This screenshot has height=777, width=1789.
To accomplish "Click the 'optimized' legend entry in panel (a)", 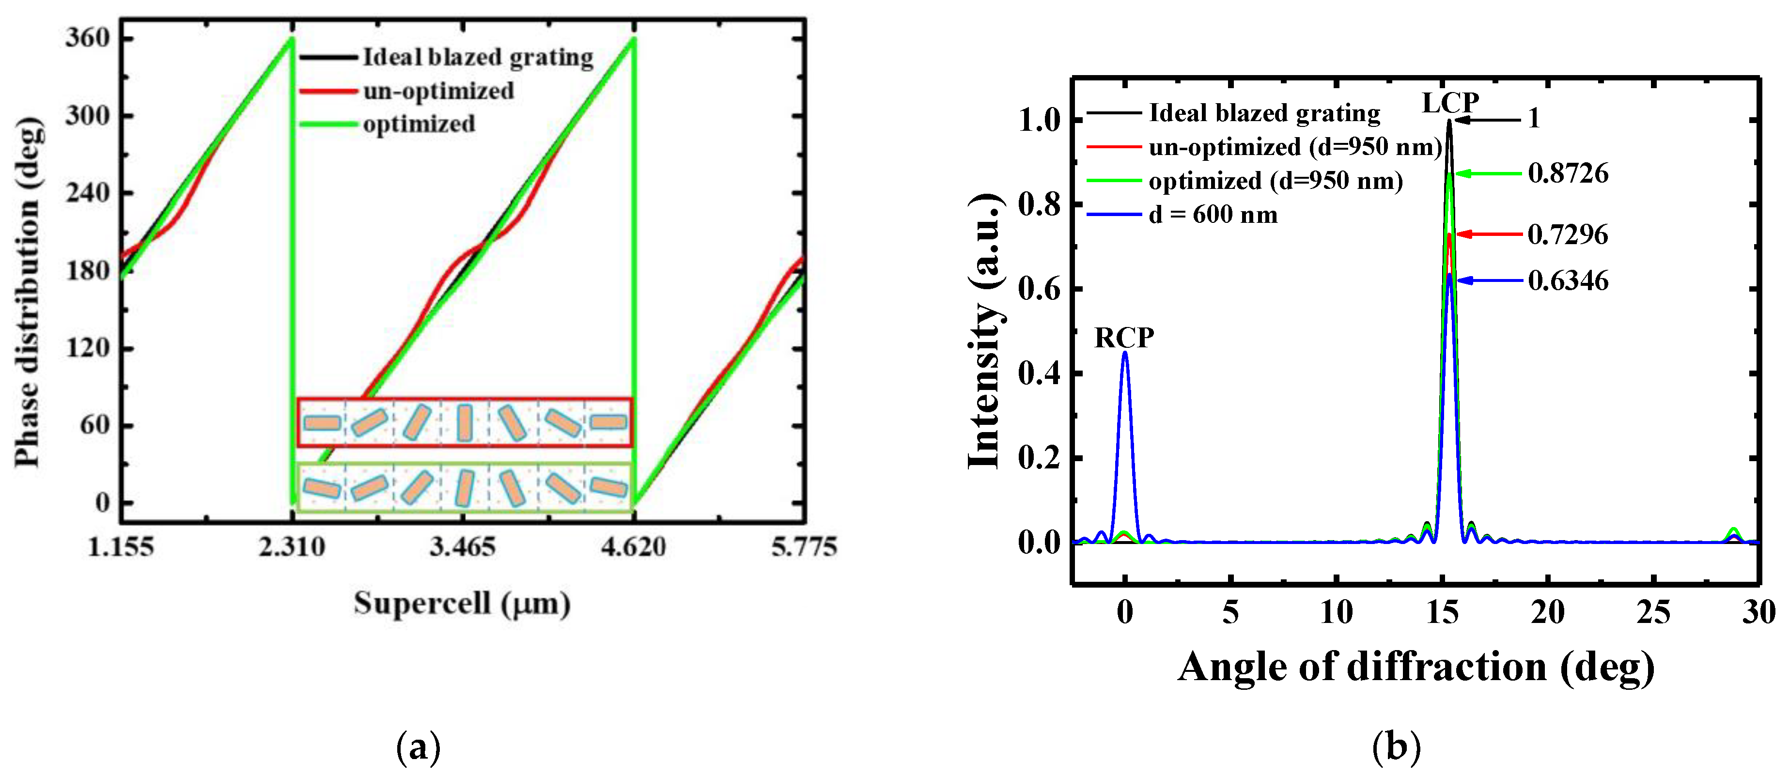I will (x=419, y=124).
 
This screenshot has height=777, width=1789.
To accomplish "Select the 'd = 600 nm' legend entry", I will (x=1213, y=215).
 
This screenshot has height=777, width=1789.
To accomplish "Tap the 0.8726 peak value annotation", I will (x=1568, y=173).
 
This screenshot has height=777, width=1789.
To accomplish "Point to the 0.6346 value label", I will (x=1568, y=280).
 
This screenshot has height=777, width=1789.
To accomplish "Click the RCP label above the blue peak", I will (x=1124, y=338).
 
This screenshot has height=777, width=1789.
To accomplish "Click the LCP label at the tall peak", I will (x=1450, y=103).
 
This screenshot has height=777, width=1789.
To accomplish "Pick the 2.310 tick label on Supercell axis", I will (x=292, y=547).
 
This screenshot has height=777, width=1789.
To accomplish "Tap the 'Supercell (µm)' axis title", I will (x=462, y=603).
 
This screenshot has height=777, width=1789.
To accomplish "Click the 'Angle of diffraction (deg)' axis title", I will (x=1416, y=667).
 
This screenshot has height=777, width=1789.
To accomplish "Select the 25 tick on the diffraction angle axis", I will (x=1653, y=612).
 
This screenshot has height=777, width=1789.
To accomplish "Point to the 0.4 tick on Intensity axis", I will (x=1040, y=373).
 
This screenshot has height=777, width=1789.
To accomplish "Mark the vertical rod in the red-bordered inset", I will (x=465, y=423).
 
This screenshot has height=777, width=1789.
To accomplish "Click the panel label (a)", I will (x=418, y=748).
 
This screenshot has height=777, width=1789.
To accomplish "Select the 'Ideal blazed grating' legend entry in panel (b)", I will (x=1264, y=113).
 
